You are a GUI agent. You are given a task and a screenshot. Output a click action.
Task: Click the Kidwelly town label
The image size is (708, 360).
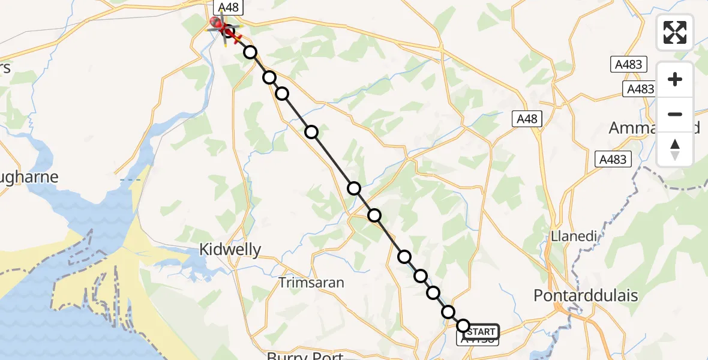(230, 250)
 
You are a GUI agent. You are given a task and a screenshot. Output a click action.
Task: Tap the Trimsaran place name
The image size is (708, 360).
(311, 282)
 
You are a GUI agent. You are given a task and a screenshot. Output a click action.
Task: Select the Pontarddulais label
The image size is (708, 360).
(585, 296)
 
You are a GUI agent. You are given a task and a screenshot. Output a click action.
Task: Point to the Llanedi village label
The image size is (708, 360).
(574, 236)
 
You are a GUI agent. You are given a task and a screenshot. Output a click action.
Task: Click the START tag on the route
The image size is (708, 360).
(481, 332)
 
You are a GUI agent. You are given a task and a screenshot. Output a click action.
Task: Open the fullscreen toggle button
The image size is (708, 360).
(675, 32)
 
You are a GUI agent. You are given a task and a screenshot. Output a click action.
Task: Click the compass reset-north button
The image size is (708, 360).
(675, 149)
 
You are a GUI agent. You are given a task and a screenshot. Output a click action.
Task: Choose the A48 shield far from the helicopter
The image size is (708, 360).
(527, 119)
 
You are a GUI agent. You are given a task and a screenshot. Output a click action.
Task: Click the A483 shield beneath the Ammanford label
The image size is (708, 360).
(612, 159)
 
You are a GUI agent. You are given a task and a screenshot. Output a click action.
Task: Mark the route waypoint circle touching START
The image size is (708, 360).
(463, 326)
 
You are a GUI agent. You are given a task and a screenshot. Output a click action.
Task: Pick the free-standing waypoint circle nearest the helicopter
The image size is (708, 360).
(250, 52)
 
